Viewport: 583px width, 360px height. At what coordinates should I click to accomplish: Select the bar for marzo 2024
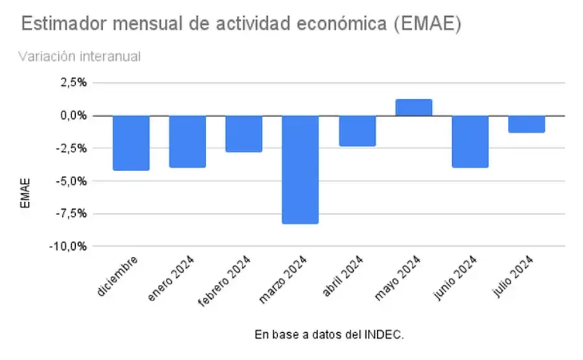(x=300, y=170)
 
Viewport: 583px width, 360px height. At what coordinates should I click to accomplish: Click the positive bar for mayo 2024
(x=413, y=107)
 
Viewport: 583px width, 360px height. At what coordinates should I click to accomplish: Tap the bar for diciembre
(x=131, y=143)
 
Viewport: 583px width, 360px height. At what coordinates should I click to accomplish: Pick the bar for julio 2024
(x=526, y=124)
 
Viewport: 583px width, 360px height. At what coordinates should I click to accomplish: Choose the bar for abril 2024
(x=357, y=131)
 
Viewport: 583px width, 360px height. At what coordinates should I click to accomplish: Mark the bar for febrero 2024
(x=244, y=134)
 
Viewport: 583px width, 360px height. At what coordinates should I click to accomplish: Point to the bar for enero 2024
(x=187, y=142)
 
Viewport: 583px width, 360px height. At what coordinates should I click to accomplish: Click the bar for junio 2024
(x=470, y=142)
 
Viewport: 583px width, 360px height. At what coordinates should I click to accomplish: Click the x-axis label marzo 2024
(x=283, y=280)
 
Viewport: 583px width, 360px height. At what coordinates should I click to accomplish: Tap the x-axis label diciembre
(x=119, y=276)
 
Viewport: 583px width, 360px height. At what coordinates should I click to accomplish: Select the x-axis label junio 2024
(x=455, y=278)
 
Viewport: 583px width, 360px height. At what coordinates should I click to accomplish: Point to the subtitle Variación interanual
(x=79, y=56)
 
